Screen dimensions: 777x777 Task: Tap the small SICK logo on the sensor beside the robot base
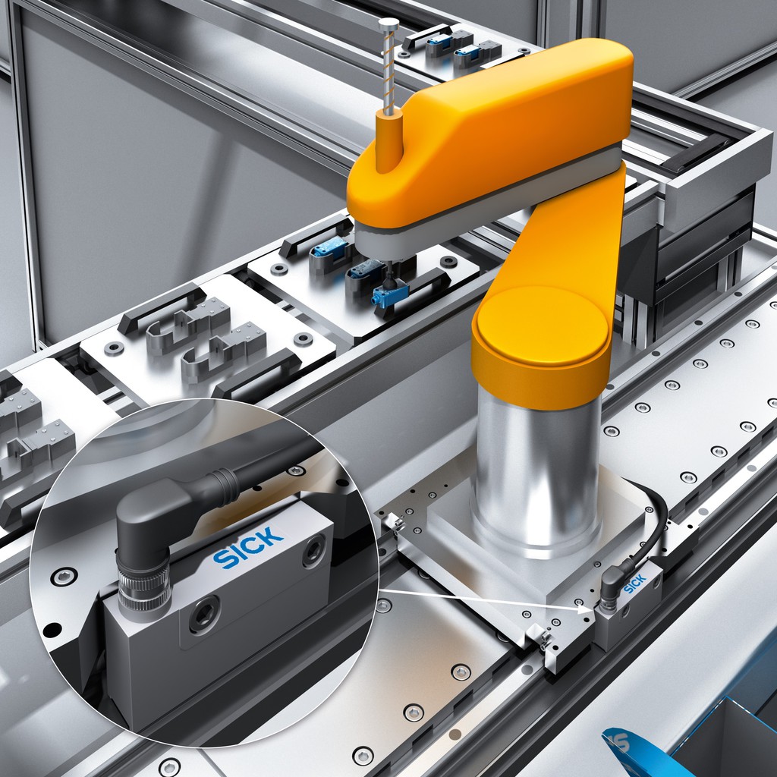[x=634, y=584]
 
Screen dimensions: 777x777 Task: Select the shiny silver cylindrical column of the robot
[x=539, y=470]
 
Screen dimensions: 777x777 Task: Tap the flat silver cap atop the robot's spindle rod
[x=388, y=23]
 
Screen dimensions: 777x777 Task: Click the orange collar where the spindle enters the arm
[x=388, y=141]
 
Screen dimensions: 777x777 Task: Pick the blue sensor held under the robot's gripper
[x=390, y=295]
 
